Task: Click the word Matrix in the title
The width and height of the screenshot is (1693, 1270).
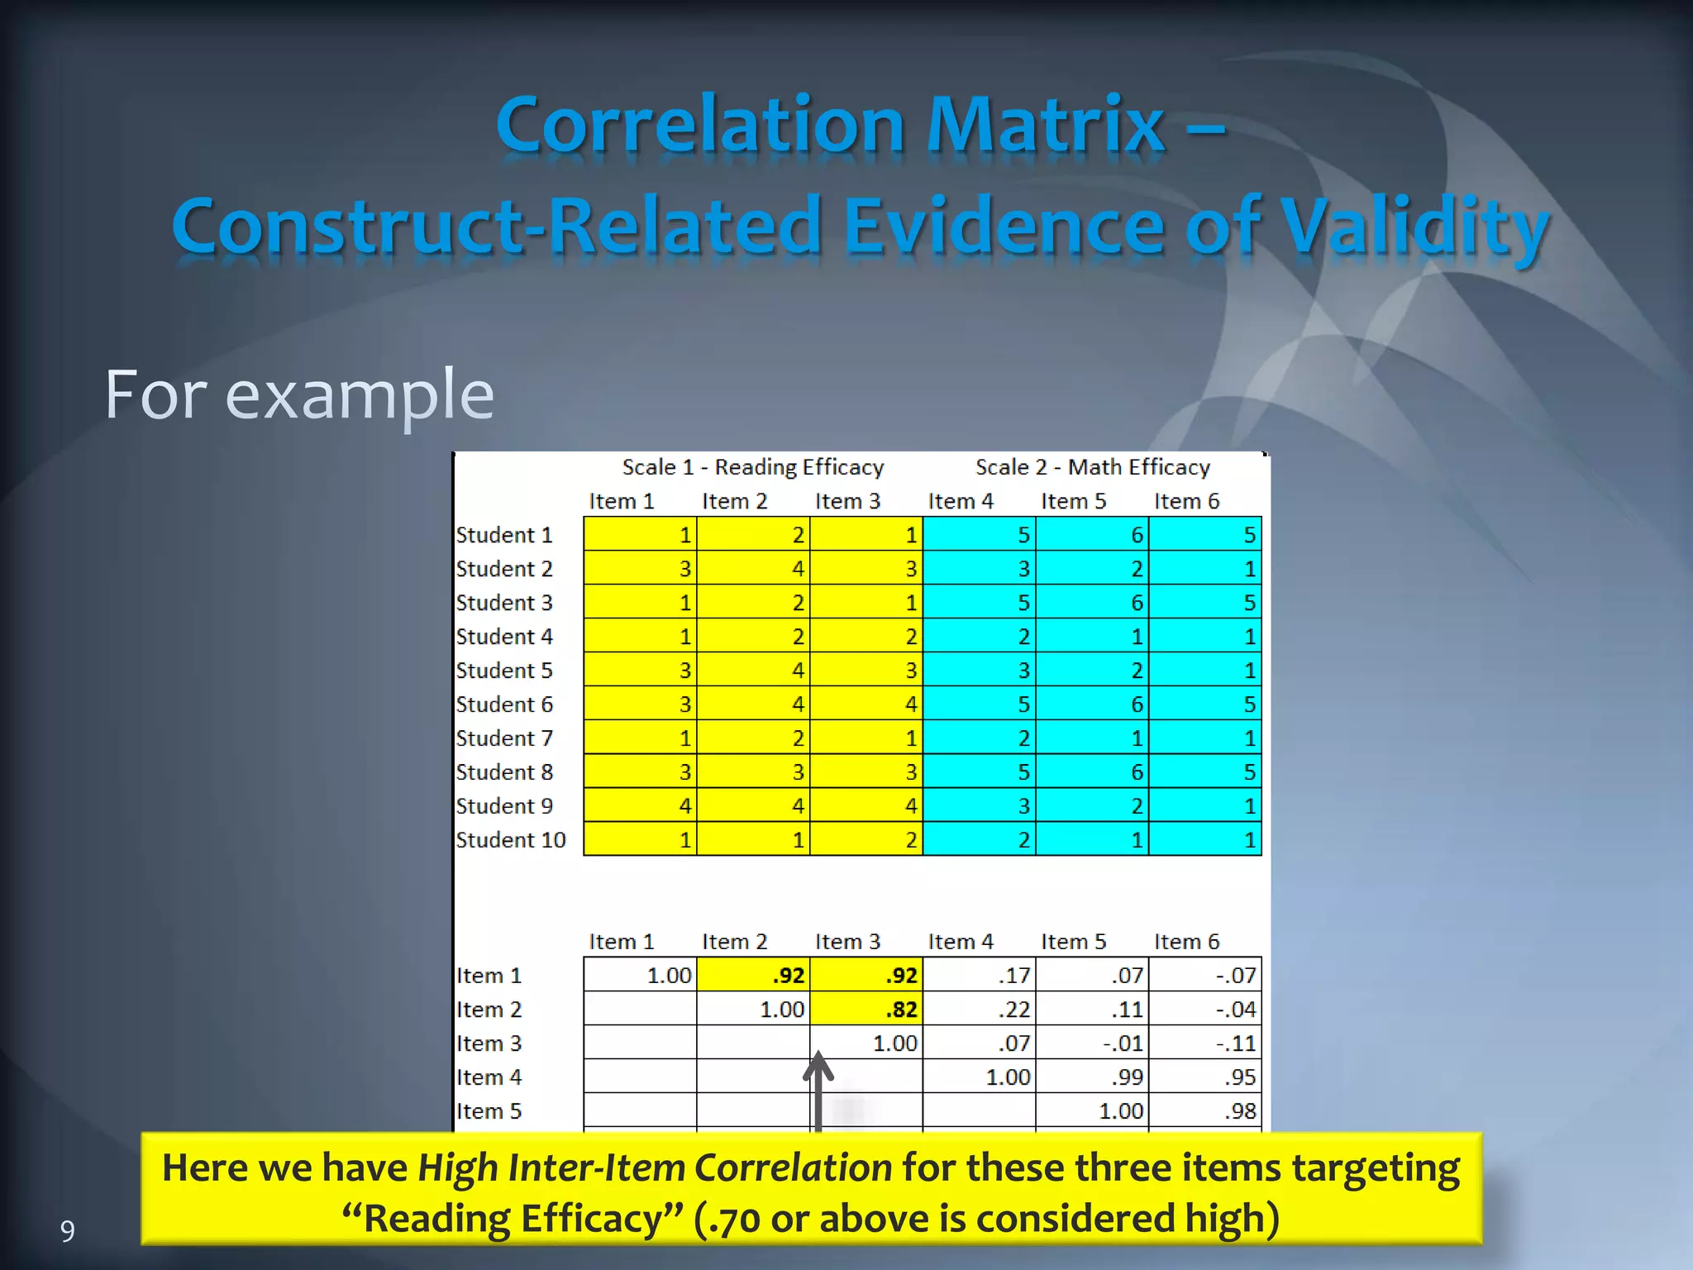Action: (1045, 126)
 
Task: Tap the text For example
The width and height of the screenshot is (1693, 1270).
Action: (299, 395)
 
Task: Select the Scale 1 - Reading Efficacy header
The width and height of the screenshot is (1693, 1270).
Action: (752, 467)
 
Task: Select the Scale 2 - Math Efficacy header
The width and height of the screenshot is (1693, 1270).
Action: (1092, 467)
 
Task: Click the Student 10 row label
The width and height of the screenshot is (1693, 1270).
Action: (511, 840)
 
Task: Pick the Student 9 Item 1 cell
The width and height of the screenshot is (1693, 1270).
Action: (640, 805)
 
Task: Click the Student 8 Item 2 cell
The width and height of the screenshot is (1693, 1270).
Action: (753, 771)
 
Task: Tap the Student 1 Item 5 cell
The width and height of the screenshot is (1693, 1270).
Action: (1092, 535)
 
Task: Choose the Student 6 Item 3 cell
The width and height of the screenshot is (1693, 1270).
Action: (866, 704)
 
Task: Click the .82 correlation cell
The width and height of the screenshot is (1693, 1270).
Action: (866, 1010)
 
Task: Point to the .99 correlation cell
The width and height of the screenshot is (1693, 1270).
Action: (1092, 1077)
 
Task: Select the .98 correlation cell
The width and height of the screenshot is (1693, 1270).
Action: (1205, 1111)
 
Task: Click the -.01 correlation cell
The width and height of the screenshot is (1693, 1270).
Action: (1092, 1043)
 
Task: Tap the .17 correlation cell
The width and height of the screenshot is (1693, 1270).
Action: (980, 976)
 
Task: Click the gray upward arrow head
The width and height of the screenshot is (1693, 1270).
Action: (818, 1067)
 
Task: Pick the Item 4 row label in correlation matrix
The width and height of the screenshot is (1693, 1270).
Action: (489, 1077)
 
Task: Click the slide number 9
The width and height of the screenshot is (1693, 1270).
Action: (68, 1231)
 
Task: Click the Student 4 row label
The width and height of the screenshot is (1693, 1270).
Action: (504, 637)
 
